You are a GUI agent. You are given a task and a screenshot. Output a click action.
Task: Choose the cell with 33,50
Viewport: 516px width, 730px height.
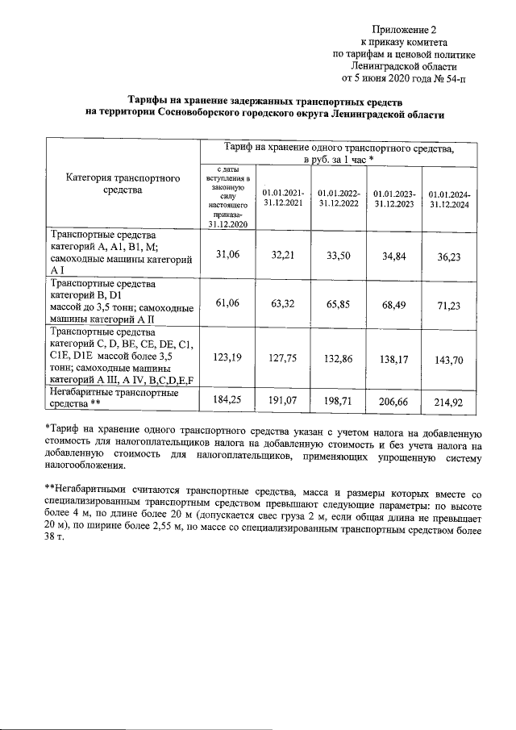coord(338,256)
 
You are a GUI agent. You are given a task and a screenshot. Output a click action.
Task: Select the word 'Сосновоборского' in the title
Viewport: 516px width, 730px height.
coord(204,115)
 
